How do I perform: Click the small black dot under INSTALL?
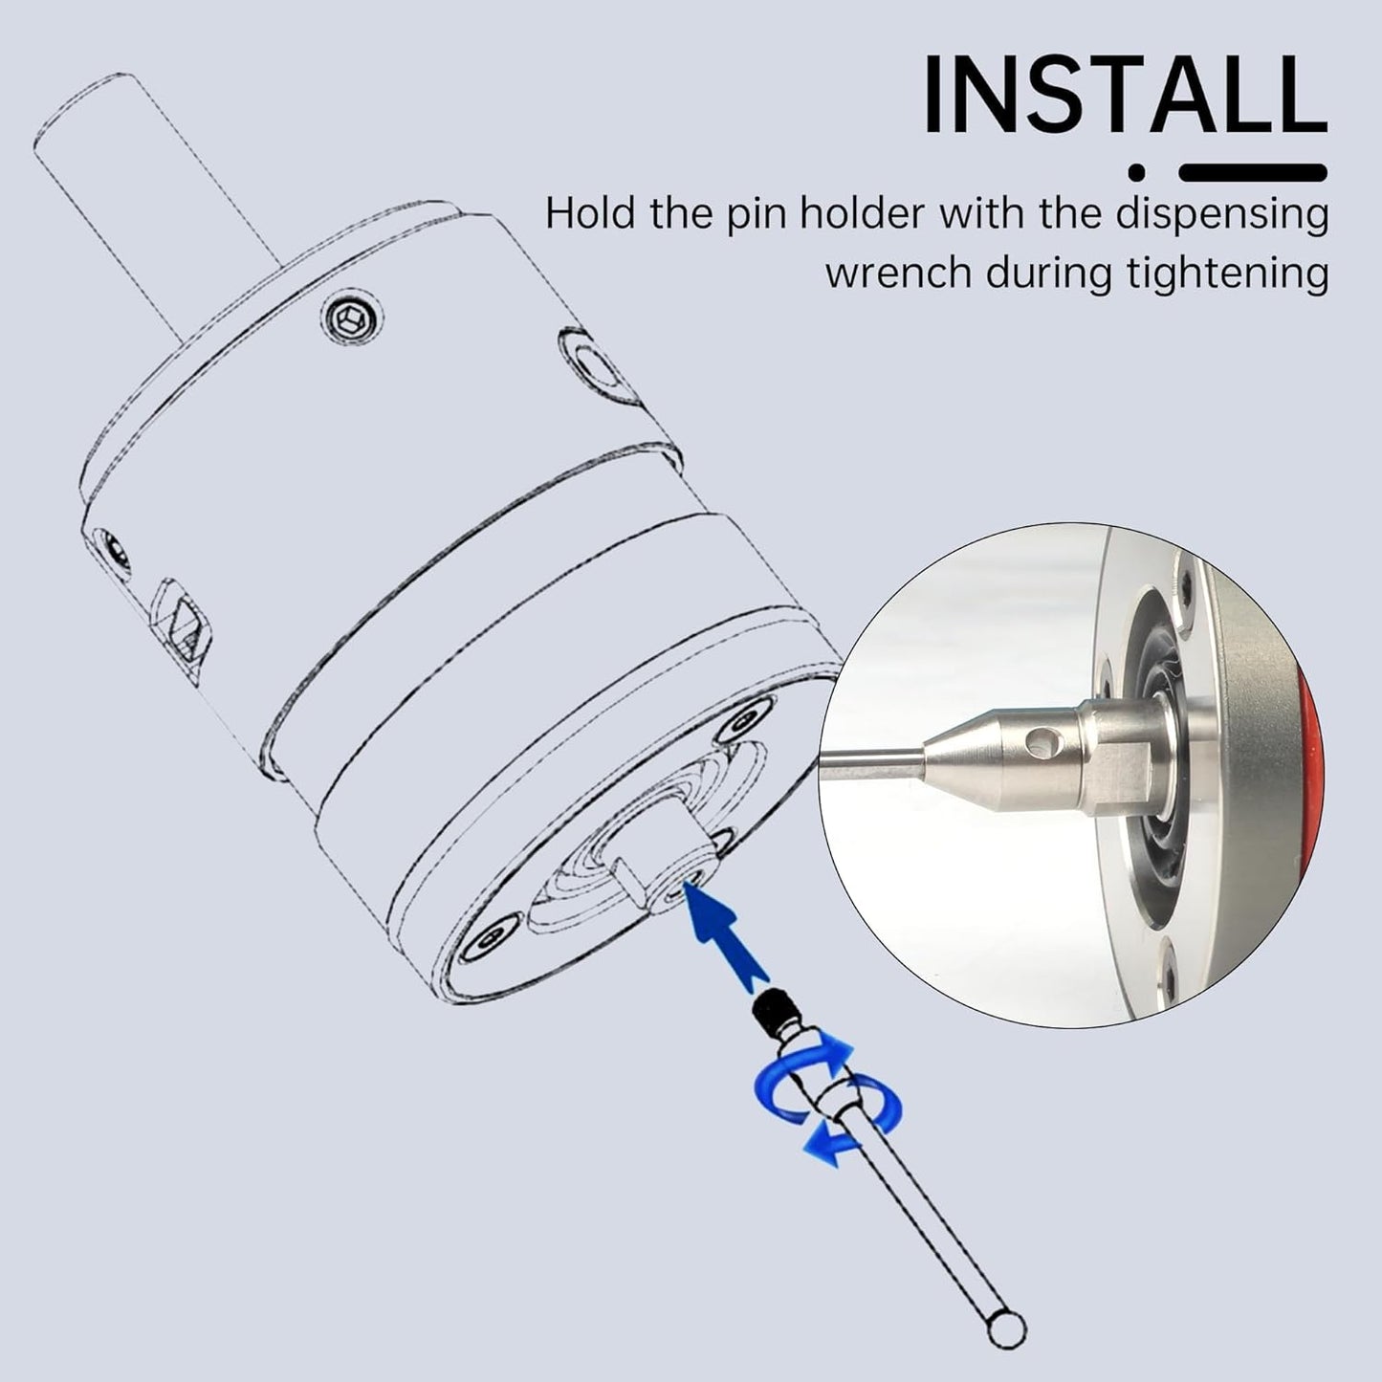click(x=1137, y=173)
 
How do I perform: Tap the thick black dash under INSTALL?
click(x=1253, y=173)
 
